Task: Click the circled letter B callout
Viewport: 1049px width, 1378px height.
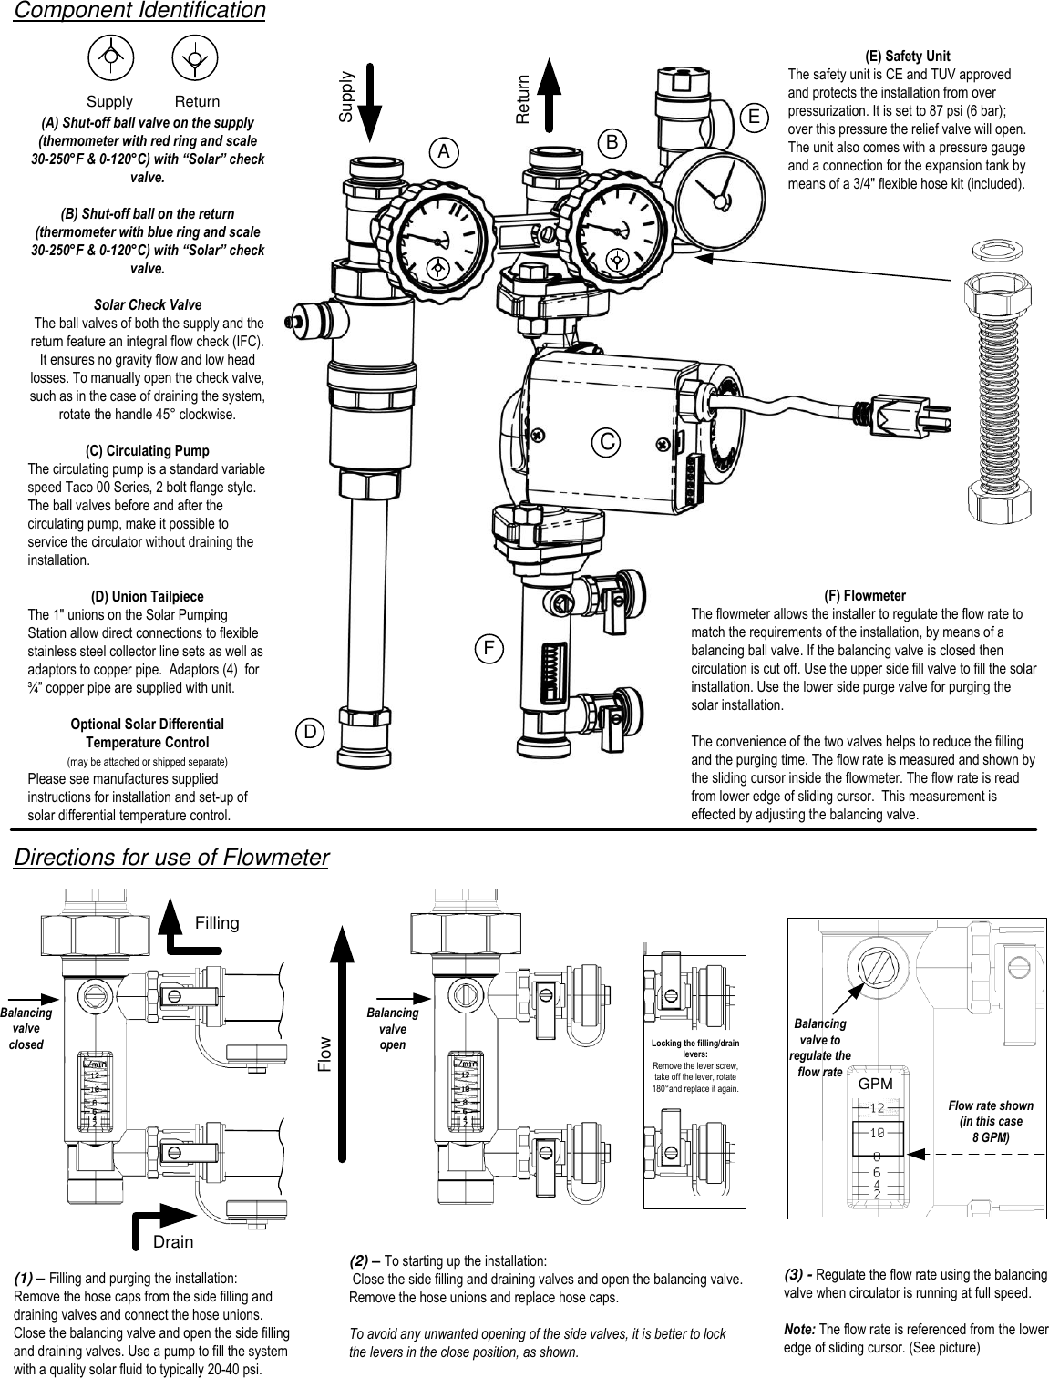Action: pos(613,142)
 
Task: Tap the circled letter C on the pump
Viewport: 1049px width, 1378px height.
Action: pos(605,441)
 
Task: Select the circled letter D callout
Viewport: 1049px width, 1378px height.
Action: pos(310,732)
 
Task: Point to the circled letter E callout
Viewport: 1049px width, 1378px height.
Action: pos(754,117)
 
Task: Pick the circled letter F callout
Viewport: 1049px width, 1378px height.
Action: pos(489,649)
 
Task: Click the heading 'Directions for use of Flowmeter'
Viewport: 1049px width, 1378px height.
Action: pos(171,859)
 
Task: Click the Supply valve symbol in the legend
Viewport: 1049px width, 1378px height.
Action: pos(109,57)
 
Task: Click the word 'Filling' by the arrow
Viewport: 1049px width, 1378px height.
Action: pos(217,923)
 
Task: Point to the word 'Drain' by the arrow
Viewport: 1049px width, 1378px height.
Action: pos(173,1241)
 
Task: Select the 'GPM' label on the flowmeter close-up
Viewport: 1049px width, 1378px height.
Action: pos(876,1085)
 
